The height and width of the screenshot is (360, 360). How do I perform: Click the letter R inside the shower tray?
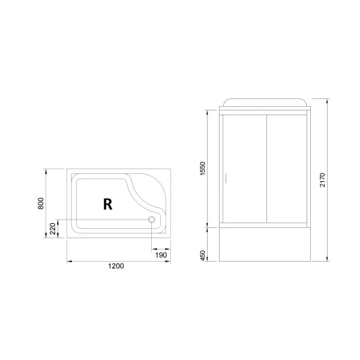pyautogui.click(x=107, y=204)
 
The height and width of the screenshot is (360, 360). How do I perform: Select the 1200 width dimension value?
pyautogui.click(x=116, y=268)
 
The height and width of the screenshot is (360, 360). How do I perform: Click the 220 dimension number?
pyautogui.click(x=53, y=228)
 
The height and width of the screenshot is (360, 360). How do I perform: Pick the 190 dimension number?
pyautogui.click(x=161, y=255)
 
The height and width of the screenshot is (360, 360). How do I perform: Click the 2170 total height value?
pyautogui.click(x=322, y=180)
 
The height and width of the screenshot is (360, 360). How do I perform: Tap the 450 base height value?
pyautogui.click(x=203, y=256)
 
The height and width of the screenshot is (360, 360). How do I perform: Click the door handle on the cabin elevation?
pyautogui.click(x=226, y=178)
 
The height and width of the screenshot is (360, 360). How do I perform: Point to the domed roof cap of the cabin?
pyautogui.click(x=266, y=101)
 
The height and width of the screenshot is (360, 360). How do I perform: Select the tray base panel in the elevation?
pyautogui.click(x=266, y=246)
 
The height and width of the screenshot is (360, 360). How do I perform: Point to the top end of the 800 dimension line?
pyautogui.click(x=46, y=169)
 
